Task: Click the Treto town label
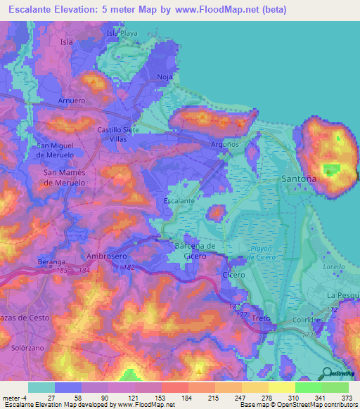[x=261, y=318]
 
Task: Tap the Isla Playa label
[x=122, y=33]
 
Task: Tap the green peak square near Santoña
[x=330, y=169]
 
